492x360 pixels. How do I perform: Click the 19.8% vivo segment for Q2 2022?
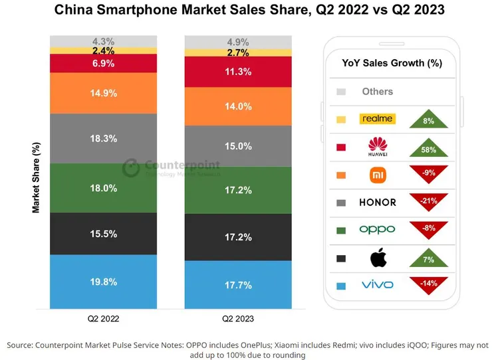(x=104, y=282)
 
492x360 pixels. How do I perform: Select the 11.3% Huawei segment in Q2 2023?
(x=237, y=72)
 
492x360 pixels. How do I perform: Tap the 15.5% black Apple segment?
(x=104, y=234)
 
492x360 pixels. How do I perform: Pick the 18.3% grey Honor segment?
(x=104, y=139)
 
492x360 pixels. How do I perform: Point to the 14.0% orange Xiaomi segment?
(x=237, y=106)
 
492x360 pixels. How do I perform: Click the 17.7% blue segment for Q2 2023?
(x=237, y=284)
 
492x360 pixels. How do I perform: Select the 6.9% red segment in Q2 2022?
(x=104, y=63)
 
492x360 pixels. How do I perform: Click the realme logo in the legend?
(x=377, y=119)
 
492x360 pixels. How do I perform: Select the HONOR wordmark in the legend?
(x=377, y=202)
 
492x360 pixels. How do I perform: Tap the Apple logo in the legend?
(x=377, y=257)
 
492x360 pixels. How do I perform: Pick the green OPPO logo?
(x=377, y=229)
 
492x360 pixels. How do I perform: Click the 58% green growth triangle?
(x=428, y=149)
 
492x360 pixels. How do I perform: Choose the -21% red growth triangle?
(x=428, y=199)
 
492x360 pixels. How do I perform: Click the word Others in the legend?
(x=377, y=92)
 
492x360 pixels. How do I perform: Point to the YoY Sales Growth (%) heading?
(x=392, y=63)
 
